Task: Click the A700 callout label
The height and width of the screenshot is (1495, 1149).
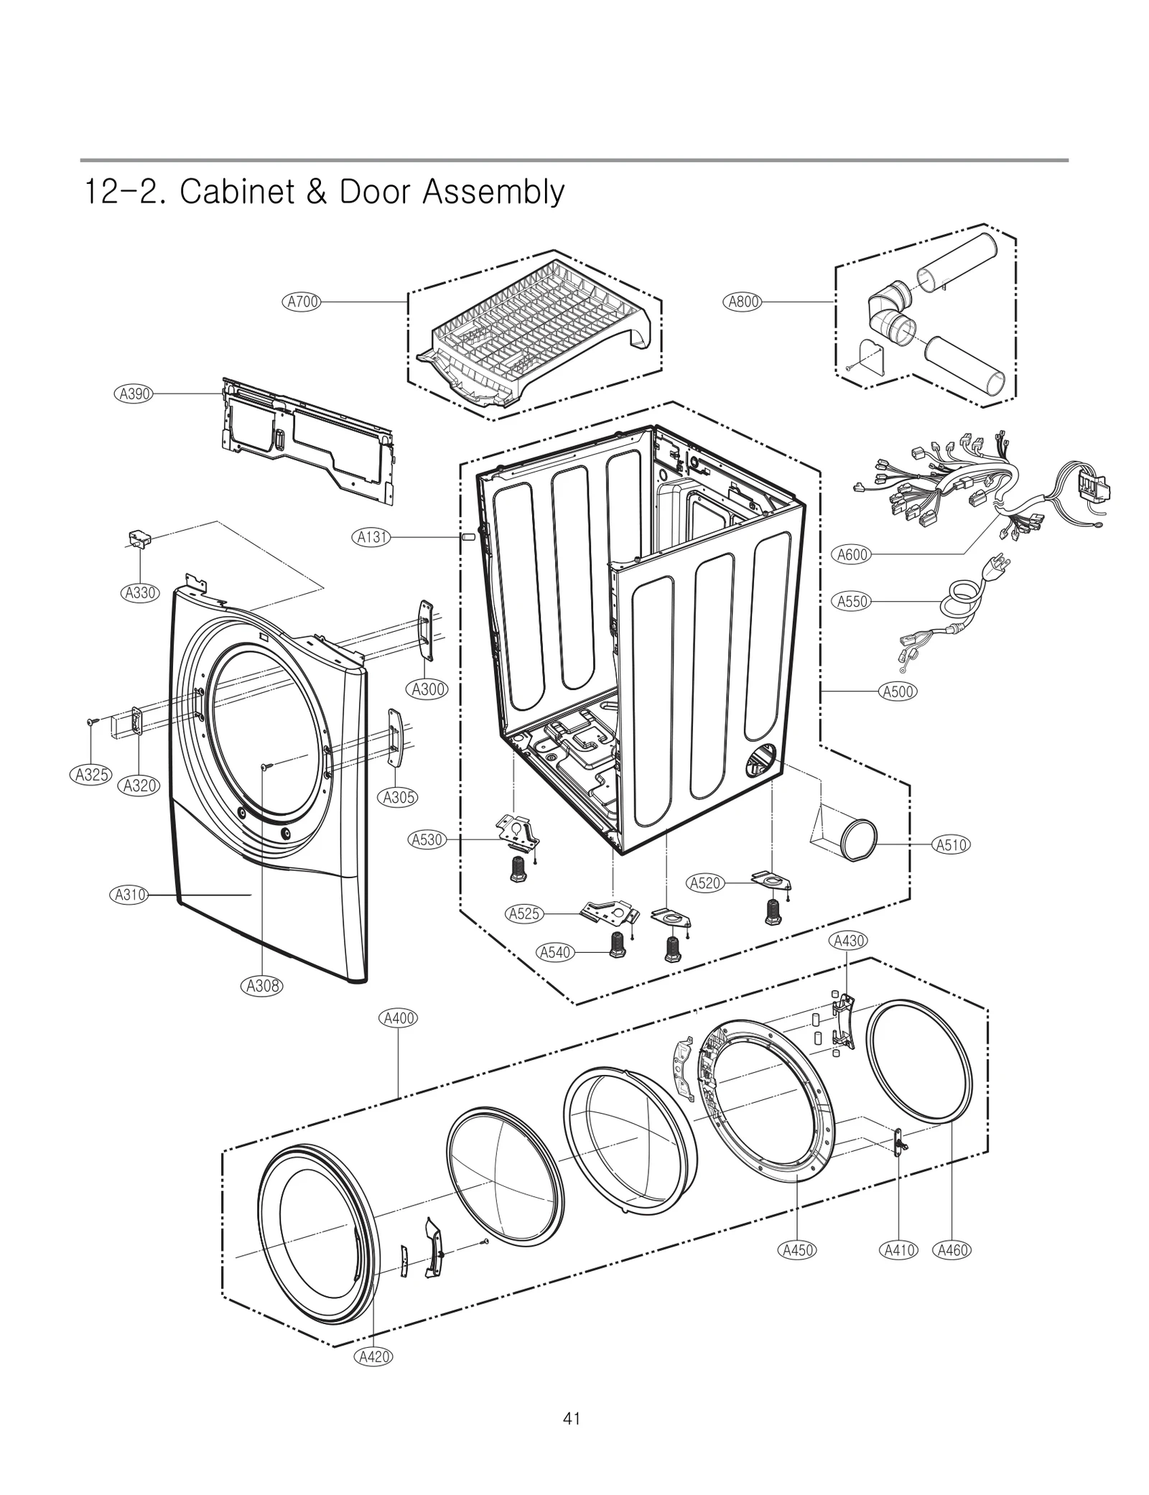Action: pos(302,302)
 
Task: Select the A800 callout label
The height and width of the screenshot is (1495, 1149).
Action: pos(743,302)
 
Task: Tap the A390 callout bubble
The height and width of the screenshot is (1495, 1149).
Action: pos(134,393)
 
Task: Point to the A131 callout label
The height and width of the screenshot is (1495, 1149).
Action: pos(373,536)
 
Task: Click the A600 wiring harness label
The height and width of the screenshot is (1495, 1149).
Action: pos(853,554)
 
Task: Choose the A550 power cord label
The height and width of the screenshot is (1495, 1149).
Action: pos(853,602)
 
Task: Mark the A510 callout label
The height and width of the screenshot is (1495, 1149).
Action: pos(951,845)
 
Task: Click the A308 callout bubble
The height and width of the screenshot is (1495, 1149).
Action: pos(262,987)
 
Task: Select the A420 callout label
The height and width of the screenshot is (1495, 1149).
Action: pos(373,1356)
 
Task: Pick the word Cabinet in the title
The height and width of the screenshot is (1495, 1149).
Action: pos(233,192)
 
